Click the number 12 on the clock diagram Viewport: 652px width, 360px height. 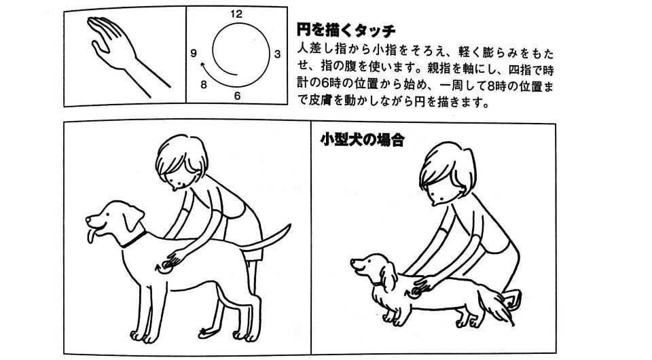236,14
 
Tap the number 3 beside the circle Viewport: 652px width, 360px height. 277,54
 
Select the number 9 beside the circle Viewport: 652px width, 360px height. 194,53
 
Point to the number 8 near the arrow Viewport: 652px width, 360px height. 203,85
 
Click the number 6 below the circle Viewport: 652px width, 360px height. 237,96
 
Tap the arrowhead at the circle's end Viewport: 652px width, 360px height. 203,65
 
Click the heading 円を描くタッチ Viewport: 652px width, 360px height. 346,31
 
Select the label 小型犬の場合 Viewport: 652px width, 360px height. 362,140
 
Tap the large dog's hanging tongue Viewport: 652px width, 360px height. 90,236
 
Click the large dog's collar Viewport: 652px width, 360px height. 134,240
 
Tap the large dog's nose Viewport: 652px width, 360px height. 88,218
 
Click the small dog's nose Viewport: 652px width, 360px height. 353,262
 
